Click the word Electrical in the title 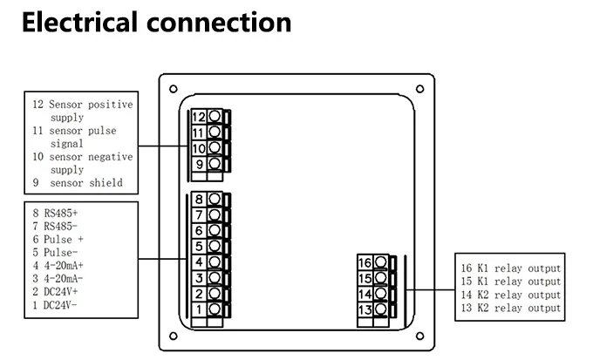click(x=80, y=23)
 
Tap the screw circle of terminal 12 click(x=215, y=116)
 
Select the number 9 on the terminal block click(x=200, y=165)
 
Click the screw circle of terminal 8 click(x=215, y=199)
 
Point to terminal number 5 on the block click(x=199, y=247)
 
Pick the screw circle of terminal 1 click(x=215, y=309)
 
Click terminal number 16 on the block click(x=365, y=262)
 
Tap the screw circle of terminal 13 click(x=380, y=309)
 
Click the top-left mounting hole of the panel click(x=174, y=89)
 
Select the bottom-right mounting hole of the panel click(x=419, y=336)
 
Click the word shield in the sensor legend click(x=106, y=183)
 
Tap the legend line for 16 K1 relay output click(x=510, y=268)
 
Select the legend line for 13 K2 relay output click(x=510, y=309)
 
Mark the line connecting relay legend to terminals click(x=430, y=290)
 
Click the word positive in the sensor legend click(x=111, y=105)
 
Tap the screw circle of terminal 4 click(x=215, y=262)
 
